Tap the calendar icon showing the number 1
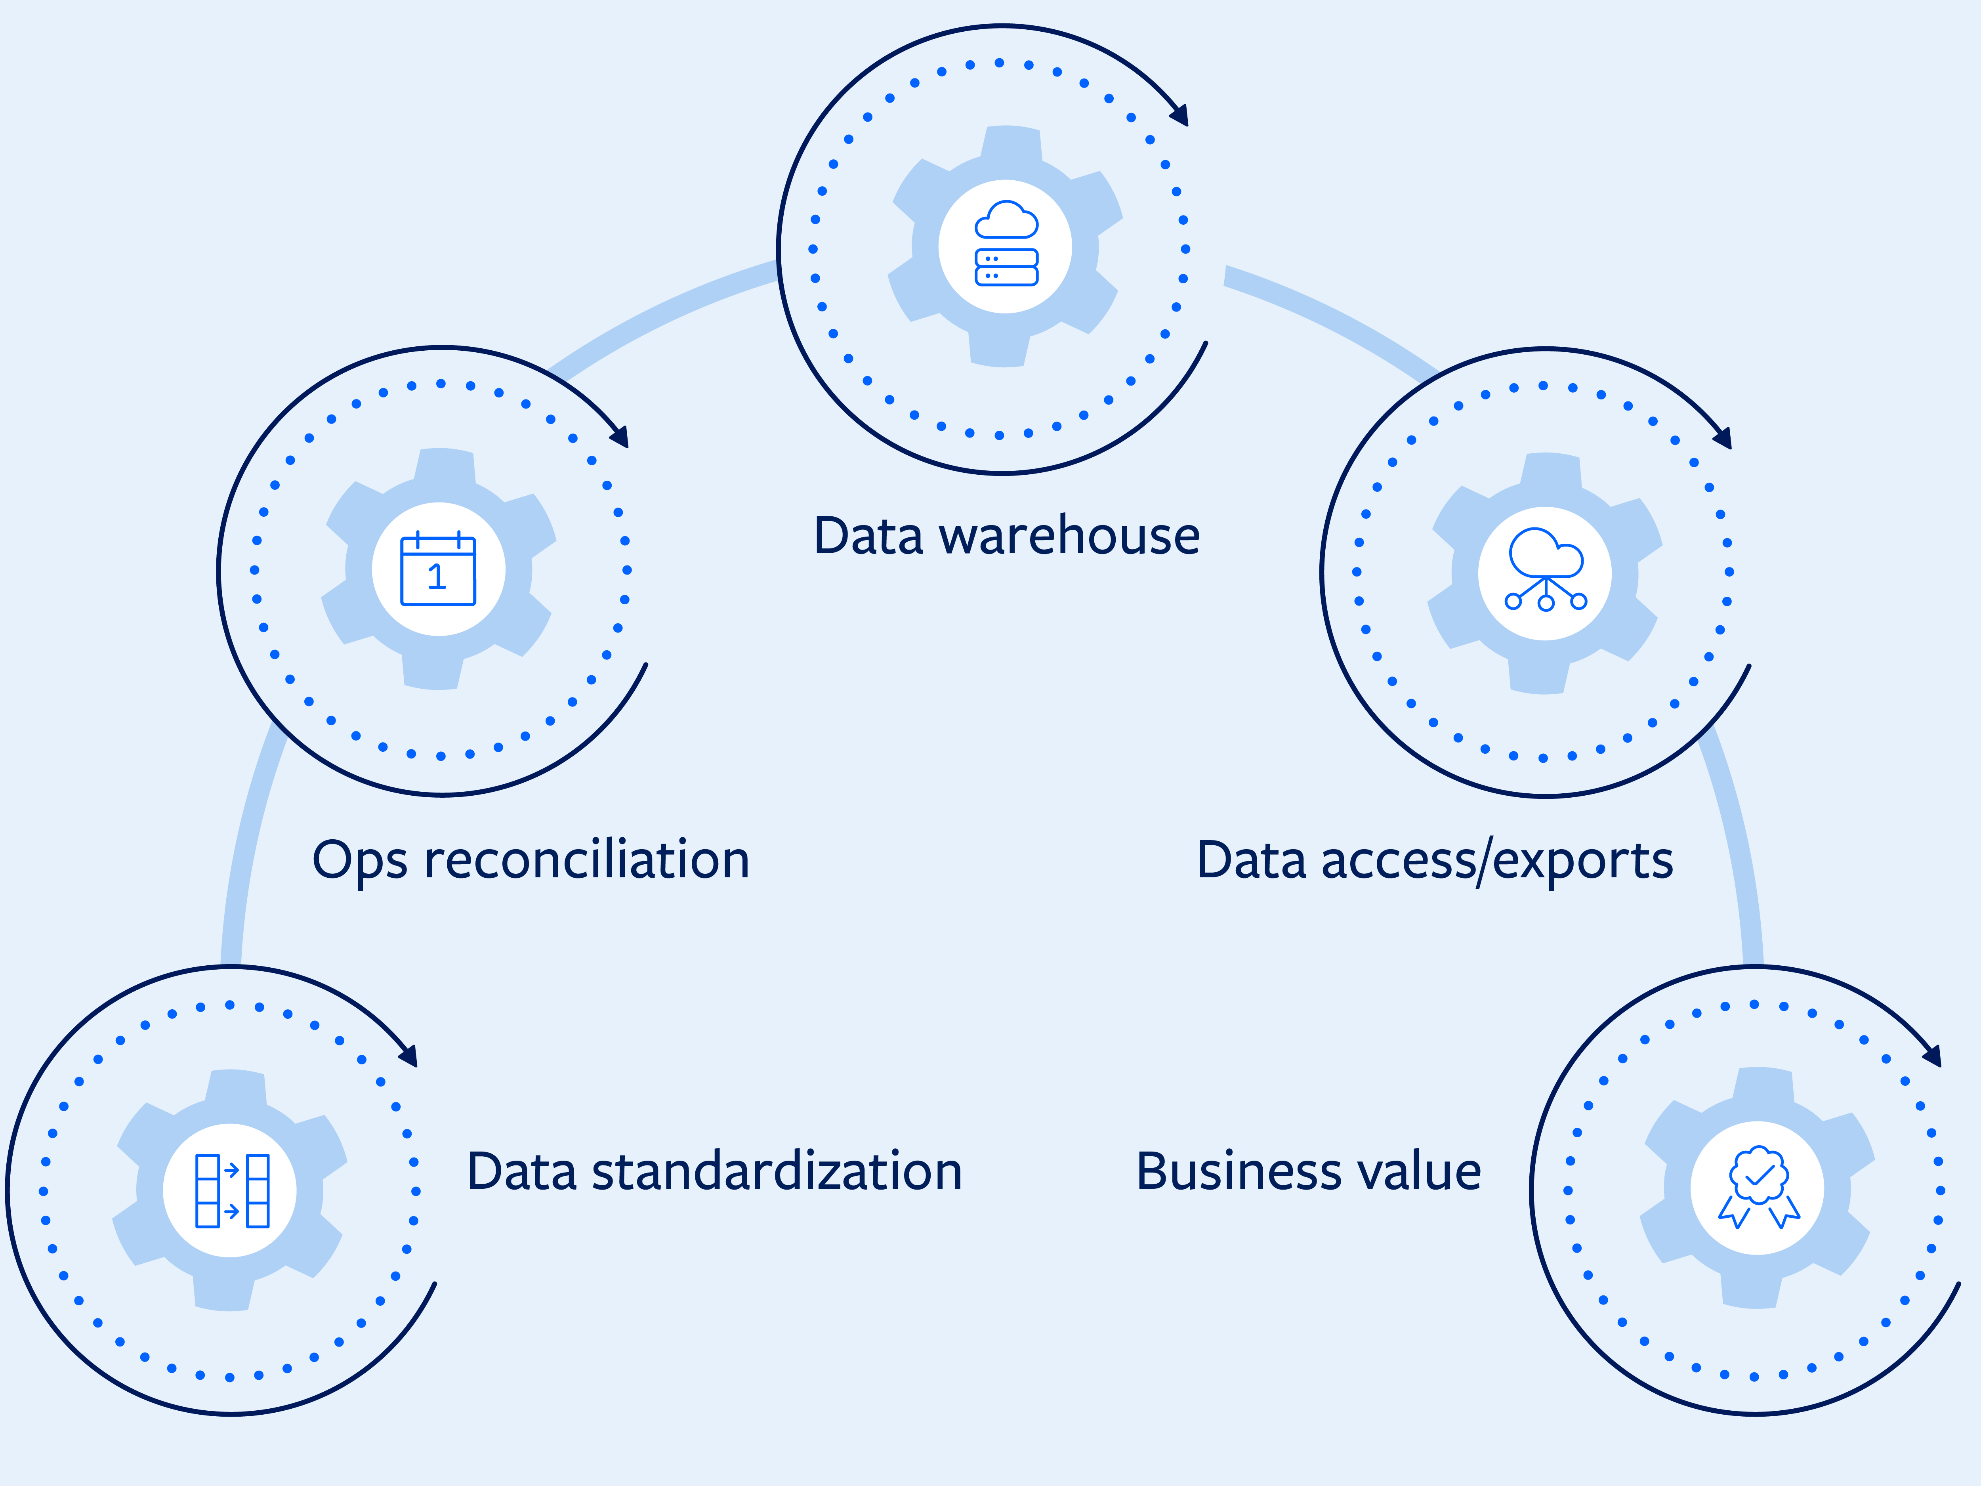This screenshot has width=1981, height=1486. click(438, 570)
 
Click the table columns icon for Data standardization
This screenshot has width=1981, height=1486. click(231, 1190)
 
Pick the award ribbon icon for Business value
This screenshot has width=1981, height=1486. click(1758, 1188)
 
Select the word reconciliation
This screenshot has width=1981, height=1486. click(587, 860)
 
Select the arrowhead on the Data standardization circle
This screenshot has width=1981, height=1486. click(409, 1057)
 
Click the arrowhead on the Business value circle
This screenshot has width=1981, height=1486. click(1933, 1057)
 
